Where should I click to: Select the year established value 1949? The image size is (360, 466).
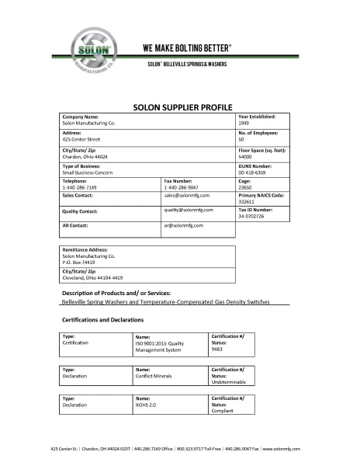[244, 123]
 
